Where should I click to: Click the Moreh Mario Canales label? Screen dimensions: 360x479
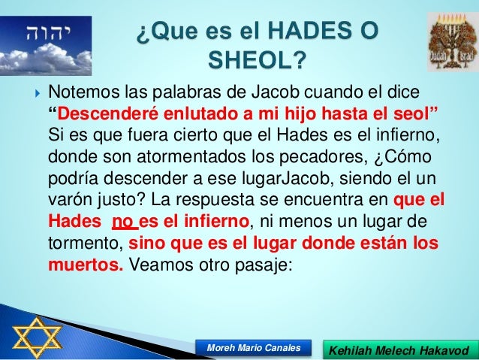[x=252, y=347]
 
